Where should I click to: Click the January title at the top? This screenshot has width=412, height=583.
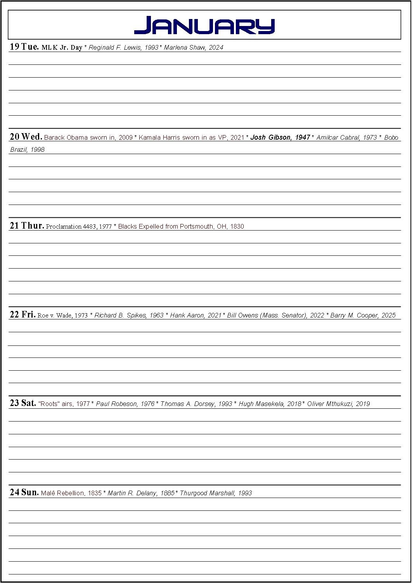click(x=204, y=26)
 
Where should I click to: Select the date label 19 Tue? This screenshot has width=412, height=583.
click(x=24, y=47)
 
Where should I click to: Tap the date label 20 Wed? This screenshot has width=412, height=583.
click(x=26, y=137)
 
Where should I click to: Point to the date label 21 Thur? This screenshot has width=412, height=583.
click(x=27, y=226)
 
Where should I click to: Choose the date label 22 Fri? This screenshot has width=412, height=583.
click(x=23, y=315)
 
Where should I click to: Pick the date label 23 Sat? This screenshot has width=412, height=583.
click(x=23, y=403)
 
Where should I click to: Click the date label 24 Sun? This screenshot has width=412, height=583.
click(x=24, y=493)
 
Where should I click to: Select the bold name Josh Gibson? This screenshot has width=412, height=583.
click(x=270, y=137)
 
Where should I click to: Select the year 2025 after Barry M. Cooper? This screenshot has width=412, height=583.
click(x=388, y=316)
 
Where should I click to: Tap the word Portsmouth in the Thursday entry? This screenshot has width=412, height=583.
click(x=196, y=227)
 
